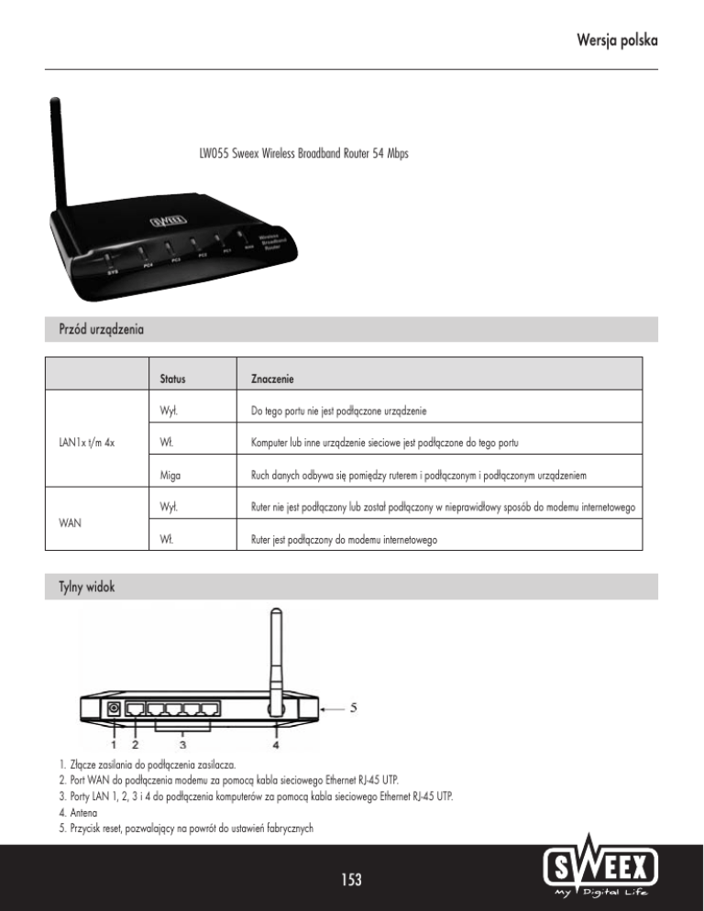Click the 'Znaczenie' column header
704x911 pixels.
[x=272, y=378]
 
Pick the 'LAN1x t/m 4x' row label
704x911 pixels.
[x=88, y=445]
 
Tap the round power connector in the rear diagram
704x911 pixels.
[x=114, y=708]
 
